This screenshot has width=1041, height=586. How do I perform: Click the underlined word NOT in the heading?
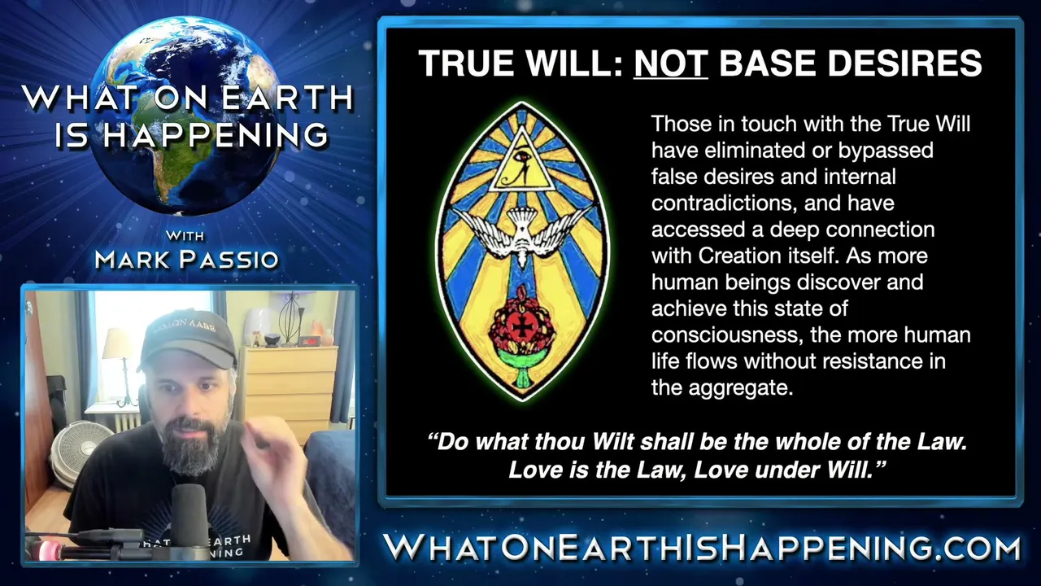(671, 63)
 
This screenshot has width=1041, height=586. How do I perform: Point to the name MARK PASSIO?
(186, 260)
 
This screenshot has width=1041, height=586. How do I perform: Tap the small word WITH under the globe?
(185, 236)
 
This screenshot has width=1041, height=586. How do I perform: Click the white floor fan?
(80, 453)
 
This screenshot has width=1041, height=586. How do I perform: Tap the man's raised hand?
(273, 461)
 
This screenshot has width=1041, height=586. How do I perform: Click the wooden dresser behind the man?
(290, 391)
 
